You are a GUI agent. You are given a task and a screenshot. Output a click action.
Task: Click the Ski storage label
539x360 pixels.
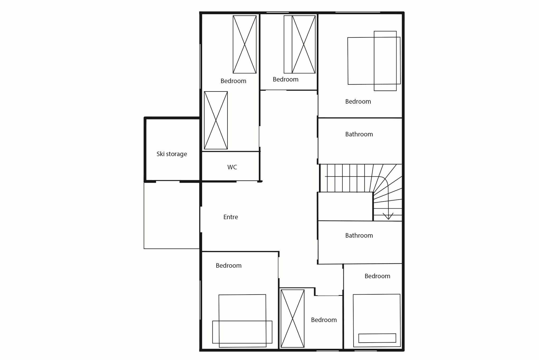click(x=172, y=154)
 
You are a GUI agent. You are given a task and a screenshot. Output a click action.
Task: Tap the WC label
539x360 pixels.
click(x=232, y=167)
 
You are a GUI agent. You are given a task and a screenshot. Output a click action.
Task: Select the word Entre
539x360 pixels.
click(x=231, y=217)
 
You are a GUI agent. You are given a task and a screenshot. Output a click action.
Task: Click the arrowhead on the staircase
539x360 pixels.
click(x=388, y=216)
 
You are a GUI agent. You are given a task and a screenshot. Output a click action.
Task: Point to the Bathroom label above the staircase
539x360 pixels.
click(x=359, y=134)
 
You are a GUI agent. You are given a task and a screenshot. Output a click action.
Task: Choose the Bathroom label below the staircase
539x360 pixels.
click(x=359, y=236)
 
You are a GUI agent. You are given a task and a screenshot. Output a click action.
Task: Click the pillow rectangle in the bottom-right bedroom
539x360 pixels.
click(x=377, y=338)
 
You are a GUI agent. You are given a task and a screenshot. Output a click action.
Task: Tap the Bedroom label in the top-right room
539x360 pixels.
click(x=358, y=102)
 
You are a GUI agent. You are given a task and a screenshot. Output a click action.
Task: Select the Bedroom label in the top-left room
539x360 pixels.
click(x=233, y=81)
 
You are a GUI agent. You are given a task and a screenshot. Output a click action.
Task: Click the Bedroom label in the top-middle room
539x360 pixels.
click(x=285, y=79)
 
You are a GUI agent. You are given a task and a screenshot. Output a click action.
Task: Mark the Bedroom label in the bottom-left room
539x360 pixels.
click(x=228, y=266)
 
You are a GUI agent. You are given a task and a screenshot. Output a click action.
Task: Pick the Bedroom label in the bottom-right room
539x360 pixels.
click(x=377, y=276)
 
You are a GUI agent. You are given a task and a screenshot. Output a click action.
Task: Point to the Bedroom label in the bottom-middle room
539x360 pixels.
click(x=324, y=320)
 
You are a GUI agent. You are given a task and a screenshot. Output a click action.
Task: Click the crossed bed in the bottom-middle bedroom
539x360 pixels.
click(x=293, y=319)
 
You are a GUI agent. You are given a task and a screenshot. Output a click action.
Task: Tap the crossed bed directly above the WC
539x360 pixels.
click(x=216, y=120)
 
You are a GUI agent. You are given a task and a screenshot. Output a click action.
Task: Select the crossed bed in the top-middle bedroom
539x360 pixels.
click(x=300, y=44)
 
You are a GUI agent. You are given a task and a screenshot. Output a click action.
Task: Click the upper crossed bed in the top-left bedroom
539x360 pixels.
click(x=245, y=44)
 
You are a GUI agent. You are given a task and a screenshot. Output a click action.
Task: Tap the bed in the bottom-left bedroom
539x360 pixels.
click(x=242, y=321)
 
